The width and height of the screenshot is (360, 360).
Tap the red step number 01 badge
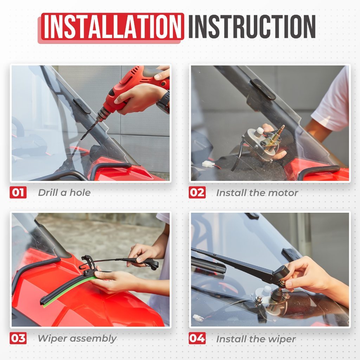18,192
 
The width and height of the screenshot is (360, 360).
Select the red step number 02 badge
197,192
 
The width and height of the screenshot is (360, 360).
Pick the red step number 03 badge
18,338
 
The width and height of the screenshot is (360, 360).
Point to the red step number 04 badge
197,338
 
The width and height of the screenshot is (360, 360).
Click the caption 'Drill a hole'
64,193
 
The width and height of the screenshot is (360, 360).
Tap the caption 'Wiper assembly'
77,339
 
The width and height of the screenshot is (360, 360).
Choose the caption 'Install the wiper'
256,339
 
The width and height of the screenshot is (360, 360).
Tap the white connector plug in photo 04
198,318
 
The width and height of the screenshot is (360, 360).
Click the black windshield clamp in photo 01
82,106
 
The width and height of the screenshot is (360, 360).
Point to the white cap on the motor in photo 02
260,131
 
